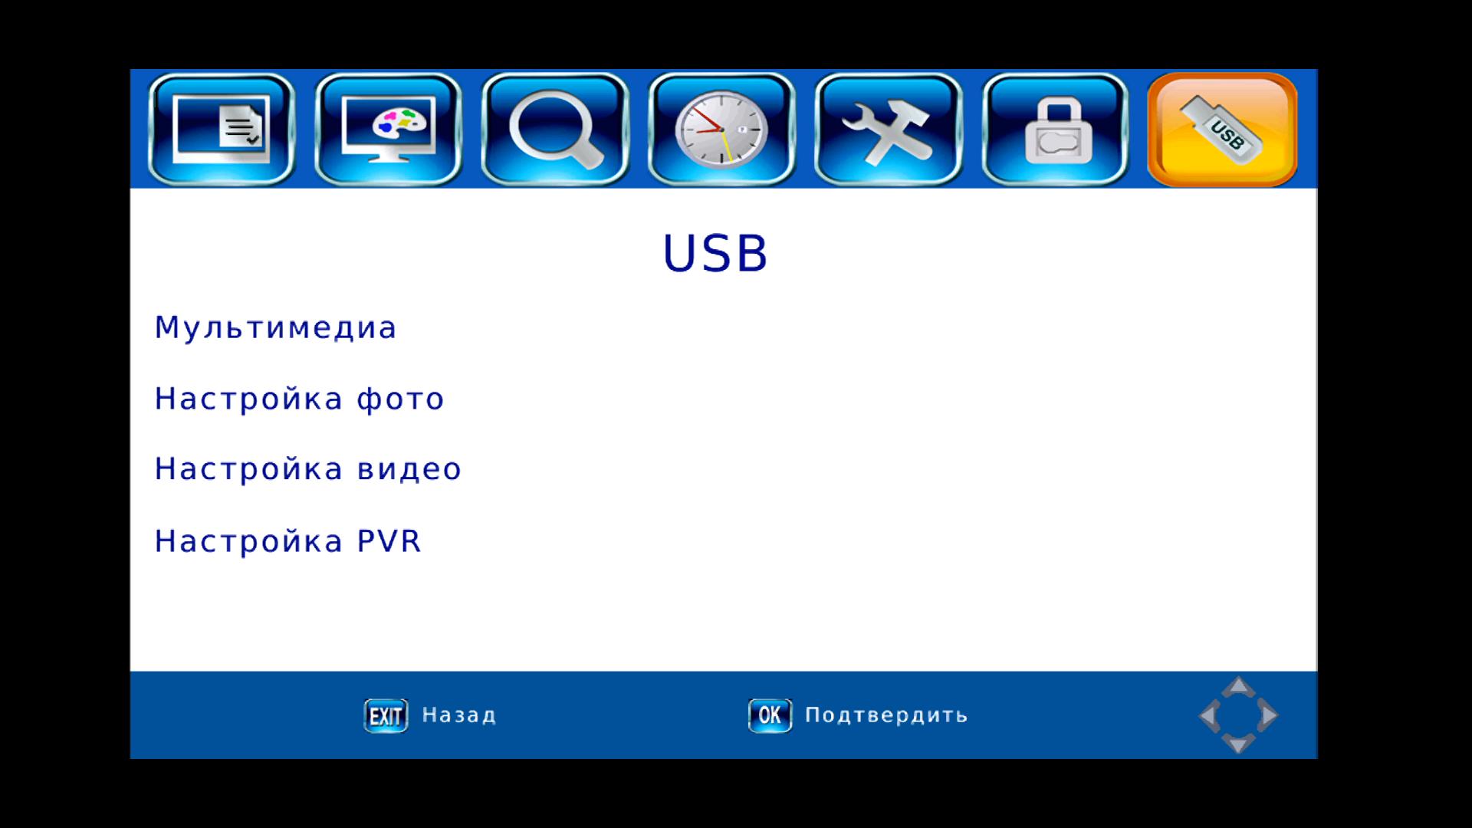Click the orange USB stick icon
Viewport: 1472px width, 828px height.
[x=1222, y=129]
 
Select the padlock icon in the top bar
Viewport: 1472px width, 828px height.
[x=1055, y=129]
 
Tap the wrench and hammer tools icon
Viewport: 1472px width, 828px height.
[x=888, y=129]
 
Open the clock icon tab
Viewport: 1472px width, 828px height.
[x=721, y=129]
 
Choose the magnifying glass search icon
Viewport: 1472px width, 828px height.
[x=555, y=129]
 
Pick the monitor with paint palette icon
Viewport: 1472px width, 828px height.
[x=388, y=129]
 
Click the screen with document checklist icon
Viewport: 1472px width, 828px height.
[x=221, y=129]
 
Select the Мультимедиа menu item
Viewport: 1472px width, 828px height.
[x=275, y=328]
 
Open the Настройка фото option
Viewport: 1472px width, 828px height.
[x=299, y=399]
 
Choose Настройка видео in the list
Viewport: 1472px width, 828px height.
[x=308, y=469]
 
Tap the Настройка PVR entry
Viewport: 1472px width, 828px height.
[x=288, y=541]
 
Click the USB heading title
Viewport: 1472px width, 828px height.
[x=715, y=254]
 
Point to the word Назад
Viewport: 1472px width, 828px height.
[x=459, y=715]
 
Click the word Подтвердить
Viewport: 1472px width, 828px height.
[x=886, y=715]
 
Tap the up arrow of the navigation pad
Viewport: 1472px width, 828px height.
[x=1238, y=687]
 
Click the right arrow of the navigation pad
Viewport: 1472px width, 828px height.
[x=1268, y=715]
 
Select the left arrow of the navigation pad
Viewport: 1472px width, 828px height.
[x=1209, y=715]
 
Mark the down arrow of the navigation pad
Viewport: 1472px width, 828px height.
[x=1238, y=743]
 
